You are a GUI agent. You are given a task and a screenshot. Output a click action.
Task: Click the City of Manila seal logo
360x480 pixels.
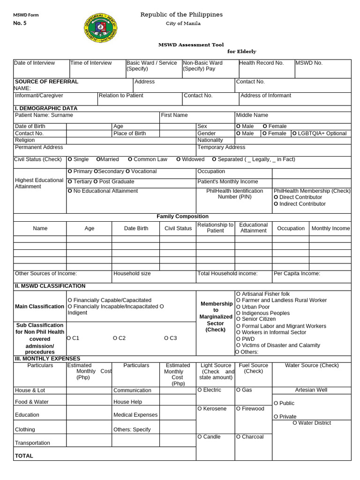pos(100,27)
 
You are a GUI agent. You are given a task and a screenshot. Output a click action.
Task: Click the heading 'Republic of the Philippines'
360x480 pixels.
pos(181,15)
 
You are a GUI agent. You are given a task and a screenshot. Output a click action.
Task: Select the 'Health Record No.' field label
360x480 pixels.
pos(261,63)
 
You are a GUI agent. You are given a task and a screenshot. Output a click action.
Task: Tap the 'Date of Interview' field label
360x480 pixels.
pos(34,63)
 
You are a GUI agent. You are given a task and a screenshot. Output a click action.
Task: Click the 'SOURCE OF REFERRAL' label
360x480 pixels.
pos(47,82)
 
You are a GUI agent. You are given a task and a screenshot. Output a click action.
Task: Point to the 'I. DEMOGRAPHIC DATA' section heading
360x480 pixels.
pos(46,108)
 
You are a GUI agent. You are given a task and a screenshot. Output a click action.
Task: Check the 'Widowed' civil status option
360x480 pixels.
pos(190,159)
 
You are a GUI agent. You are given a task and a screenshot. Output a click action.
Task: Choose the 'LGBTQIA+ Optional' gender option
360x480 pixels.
pos(319,134)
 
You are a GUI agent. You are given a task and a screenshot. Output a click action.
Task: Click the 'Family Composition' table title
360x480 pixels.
pos(182,217)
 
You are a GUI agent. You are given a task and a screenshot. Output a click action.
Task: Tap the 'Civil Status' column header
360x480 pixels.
pos(178,228)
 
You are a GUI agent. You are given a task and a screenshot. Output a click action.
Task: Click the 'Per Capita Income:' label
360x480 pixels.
pos(297,273)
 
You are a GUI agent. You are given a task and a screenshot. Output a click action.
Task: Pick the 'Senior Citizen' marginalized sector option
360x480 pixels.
pos(259,319)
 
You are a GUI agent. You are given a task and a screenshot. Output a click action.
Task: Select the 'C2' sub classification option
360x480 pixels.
pos(120,338)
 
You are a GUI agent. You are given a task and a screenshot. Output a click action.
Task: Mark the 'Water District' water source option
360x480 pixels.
pos(312,423)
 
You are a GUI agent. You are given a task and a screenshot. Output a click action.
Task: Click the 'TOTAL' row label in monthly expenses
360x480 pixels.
pos(24,456)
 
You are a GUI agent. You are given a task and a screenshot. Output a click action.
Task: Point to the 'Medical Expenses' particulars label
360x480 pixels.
pos(135,415)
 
